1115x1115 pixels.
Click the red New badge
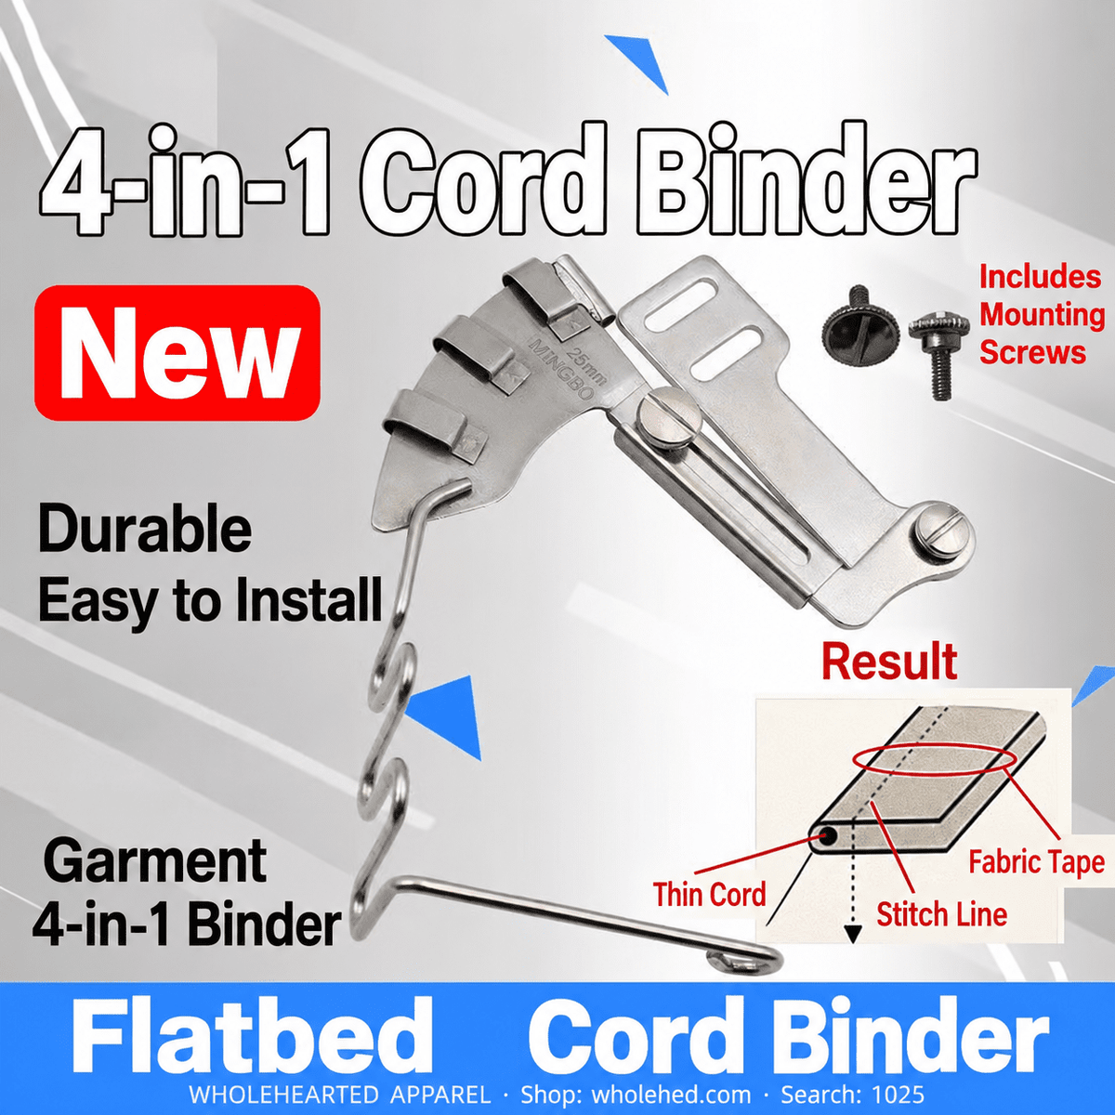(x=177, y=352)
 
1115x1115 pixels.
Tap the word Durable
(x=145, y=529)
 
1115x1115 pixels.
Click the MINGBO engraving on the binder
(x=561, y=369)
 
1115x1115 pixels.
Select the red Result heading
(x=889, y=662)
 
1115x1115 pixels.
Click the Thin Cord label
(x=709, y=894)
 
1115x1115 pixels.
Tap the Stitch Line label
(x=941, y=914)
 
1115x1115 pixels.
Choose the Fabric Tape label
(x=1036, y=862)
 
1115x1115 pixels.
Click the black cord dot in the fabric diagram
(x=828, y=835)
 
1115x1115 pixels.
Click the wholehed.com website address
(x=671, y=1095)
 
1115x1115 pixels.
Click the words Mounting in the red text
(x=1043, y=315)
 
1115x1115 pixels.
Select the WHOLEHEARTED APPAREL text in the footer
(x=340, y=1095)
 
